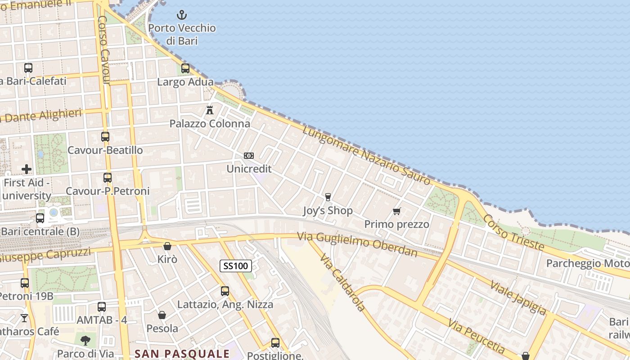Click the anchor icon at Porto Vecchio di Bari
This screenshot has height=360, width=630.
coord(181,15)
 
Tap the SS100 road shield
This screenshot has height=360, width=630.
coord(236,265)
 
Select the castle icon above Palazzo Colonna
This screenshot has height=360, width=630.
coord(210,110)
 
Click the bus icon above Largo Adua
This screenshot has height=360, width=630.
coord(185,68)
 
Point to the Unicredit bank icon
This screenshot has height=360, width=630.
coord(249,156)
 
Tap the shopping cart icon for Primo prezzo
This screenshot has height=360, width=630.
coord(397,211)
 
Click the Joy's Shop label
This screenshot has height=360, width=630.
coord(328,211)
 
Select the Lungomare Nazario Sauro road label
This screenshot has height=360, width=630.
coord(366,155)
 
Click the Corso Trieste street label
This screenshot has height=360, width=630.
coord(513,232)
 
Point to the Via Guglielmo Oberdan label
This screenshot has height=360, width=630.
coord(357,244)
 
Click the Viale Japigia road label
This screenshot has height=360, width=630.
coord(518,297)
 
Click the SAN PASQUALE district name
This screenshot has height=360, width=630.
coord(182,353)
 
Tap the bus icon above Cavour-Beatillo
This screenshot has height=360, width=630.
coord(105,137)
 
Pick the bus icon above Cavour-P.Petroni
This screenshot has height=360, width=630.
coord(107,178)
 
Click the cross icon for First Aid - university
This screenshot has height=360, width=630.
coord(27,169)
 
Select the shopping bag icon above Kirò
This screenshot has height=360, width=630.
coord(167,246)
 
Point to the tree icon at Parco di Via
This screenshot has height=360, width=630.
coord(85,341)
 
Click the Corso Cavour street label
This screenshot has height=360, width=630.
coord(103,50)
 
